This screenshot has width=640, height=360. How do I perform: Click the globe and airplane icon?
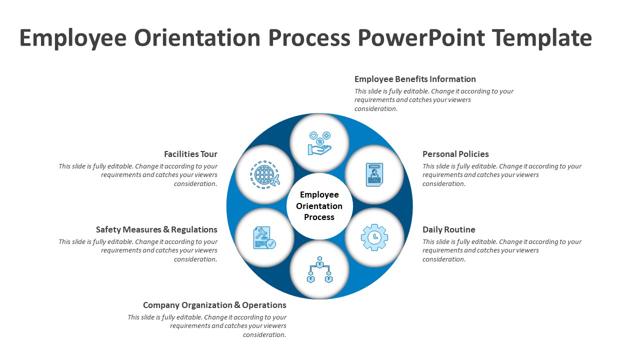(264, 174)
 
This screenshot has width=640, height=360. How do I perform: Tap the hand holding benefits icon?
(319, 143)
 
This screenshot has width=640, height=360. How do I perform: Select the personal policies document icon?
(374, 174)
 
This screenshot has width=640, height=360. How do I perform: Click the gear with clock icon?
(374, 237)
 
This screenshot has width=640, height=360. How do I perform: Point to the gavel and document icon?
(264, 237)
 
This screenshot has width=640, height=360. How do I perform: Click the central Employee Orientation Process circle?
(319, 206)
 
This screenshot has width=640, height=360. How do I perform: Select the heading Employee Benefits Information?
(415, 79)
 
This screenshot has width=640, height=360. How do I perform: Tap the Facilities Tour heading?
(190, 154)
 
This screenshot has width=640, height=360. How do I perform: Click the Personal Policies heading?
(455, 154)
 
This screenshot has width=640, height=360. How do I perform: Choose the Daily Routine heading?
(448, 229)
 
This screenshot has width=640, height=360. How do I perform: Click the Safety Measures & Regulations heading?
(156, 229)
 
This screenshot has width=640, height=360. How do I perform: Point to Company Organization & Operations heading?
(214, 305)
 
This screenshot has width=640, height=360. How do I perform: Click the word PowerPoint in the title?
(421, 38)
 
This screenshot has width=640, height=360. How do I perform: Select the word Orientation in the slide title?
(197, 38)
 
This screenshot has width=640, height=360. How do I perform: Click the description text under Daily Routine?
(501, 250)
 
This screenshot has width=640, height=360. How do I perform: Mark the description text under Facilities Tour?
(138, 175)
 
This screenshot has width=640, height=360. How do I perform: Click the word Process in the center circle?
(319, 217)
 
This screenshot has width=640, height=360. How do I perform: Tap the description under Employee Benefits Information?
(433, 100)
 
